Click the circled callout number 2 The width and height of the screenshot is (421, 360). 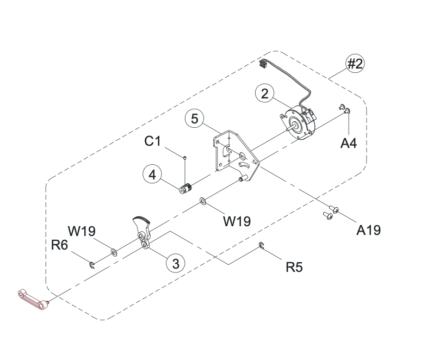pyautogui.click(x=265, y=94)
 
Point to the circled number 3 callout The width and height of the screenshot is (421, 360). pyautogui.click(x=175, y=264)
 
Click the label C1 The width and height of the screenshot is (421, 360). pyautogui.click(x=153, y=141)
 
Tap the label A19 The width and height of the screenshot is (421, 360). pyautogui.click(x=368, y=229)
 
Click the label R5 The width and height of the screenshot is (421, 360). pyautogui.click(x=294, y=267)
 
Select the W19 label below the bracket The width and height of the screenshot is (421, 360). pyautogui.click(x=237, y=221)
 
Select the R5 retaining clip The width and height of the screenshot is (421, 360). pyautogui.click(x=262, y=247)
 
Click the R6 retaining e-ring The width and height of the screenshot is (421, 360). pyautogui.click(x=92, y=265)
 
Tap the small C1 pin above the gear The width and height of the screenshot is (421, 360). pyautogui.click(x=185, y=157)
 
